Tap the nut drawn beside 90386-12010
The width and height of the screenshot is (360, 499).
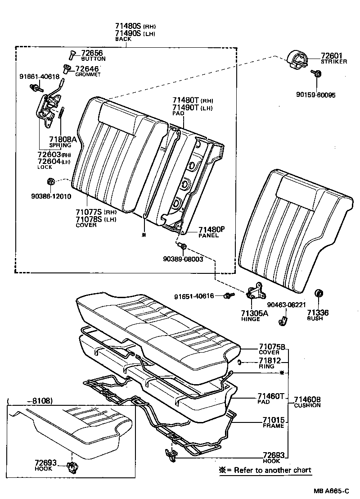coord(50,181)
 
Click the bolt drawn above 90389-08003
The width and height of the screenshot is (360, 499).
coord(182,246)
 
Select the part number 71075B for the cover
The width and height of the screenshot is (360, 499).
coord(272,346)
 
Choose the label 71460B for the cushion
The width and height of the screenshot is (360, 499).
coord(307,399)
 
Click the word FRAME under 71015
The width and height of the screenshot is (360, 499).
coord(273,426)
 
